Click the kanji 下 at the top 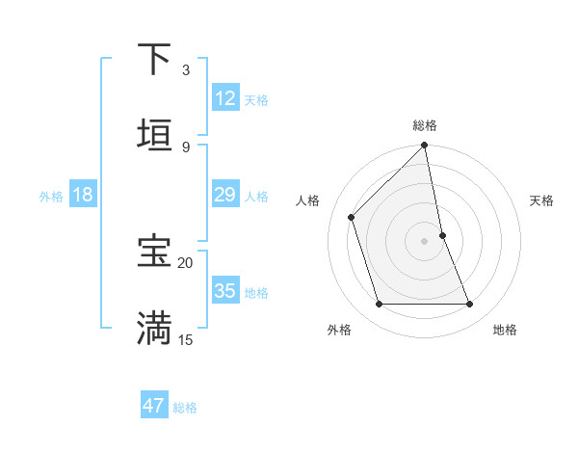154,59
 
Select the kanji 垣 154,136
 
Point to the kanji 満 154,328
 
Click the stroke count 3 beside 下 186,70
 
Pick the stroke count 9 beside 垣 186,147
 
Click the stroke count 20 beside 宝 186,262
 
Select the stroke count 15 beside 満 186,339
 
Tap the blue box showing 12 225,98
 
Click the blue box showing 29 225,195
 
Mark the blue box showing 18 83,195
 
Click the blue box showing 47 154,406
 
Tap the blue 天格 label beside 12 256,99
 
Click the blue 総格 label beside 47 185,407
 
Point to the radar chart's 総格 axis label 425,125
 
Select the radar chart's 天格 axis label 541,200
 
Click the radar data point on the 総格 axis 425,147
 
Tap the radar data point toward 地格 470,305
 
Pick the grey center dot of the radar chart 425,241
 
